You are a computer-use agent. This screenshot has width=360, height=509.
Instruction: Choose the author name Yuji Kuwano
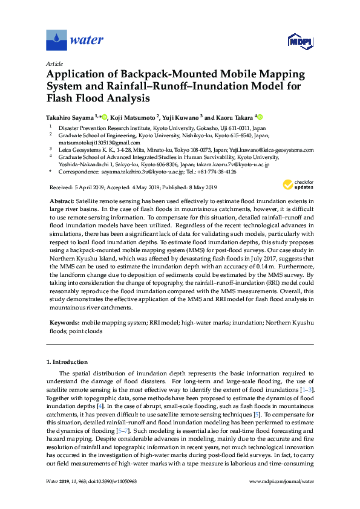tap(183, 117)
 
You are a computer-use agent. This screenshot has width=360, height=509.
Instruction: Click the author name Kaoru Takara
tap(234, 117)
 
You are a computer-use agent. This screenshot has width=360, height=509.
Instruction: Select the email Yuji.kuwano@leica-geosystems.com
tap(273, 149)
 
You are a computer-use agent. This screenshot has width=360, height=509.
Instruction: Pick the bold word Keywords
tap(64, 323)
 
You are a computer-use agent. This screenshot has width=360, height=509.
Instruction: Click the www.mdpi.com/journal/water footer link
tap(281, 482)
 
